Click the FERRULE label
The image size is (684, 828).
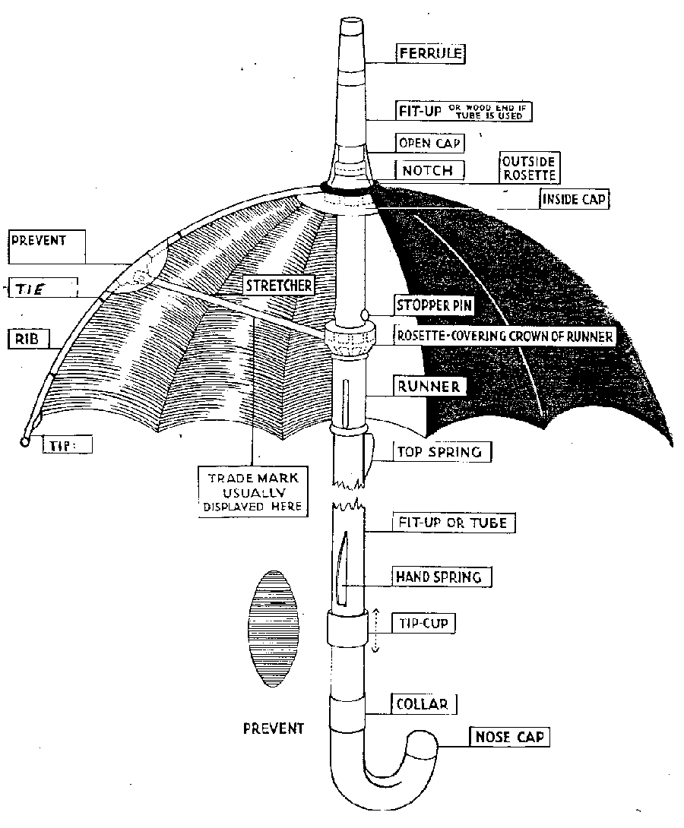click(430, 52)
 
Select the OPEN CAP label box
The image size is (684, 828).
click(430, 143)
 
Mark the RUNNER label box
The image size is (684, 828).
click(429, 386)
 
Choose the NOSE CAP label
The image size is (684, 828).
click(509, 736)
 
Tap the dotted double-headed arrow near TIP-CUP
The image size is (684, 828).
click(374, 628)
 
